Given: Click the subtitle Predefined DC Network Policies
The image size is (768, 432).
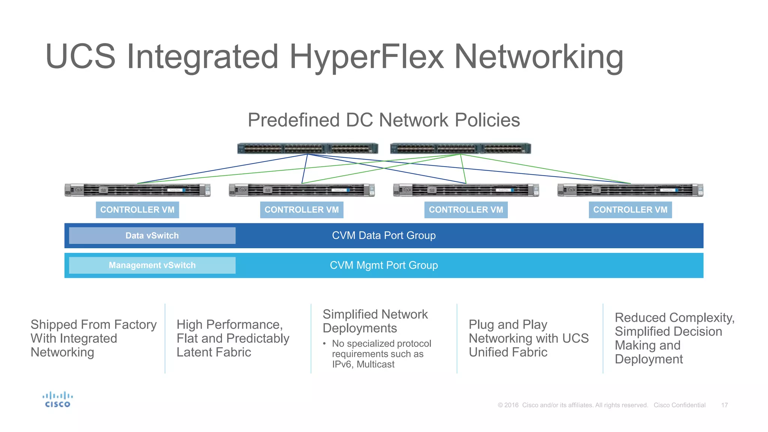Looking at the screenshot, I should pos(384,120).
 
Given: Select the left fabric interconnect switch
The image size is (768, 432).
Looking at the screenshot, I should pos(307,148).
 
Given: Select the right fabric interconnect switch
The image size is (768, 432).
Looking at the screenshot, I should pos(460,148).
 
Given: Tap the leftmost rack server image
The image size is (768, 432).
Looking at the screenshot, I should pos(137,190).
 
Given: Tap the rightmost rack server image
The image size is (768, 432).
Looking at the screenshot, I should pos(630,190).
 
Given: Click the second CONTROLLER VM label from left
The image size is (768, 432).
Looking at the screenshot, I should pos(301,210).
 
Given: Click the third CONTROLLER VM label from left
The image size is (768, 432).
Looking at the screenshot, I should pos(466,210).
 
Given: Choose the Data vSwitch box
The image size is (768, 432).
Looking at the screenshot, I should pos(152,235).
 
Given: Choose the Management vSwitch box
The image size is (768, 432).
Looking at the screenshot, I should pos(152,265).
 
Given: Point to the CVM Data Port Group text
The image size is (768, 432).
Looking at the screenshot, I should pos(384,235).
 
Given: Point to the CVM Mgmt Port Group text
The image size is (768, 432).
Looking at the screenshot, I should pos(384,265).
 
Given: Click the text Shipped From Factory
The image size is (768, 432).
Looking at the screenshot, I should pos(93,324).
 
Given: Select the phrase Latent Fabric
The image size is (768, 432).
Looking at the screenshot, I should pos(214,352).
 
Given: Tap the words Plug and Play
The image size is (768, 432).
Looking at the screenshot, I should pos(508,324).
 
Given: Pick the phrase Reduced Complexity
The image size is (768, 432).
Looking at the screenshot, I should pos(674,318).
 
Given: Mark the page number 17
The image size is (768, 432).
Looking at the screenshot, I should pos(724,405).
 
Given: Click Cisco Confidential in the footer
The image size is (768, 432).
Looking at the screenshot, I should pos(679,405).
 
